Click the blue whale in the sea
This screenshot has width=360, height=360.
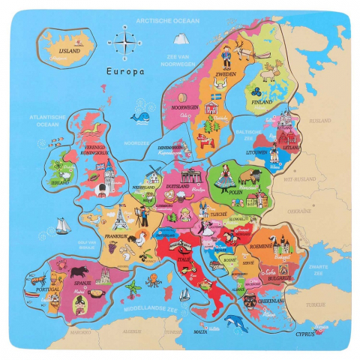[x=140, y=116]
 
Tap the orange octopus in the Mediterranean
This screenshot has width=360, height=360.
[x=152, y=279]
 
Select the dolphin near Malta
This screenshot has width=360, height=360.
[x=236, y=323]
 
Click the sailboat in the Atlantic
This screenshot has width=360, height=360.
[x=61, y=225]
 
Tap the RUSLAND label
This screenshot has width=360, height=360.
[x=320, y=120]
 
